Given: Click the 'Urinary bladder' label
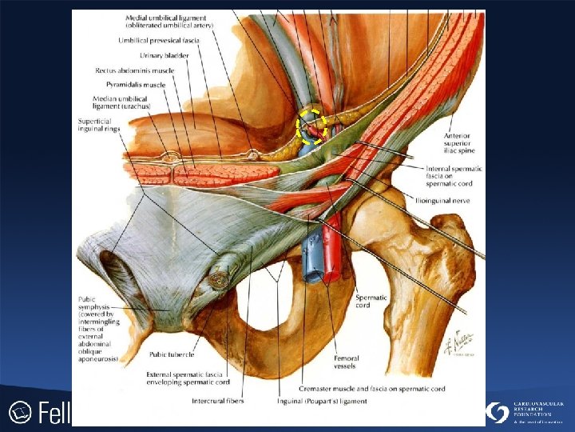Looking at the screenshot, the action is pyautogui.click(x=165, y=55).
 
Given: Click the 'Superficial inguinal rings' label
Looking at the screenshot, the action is pyautogui.click(x=100, y=126).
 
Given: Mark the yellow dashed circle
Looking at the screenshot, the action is pyautogui.click(x=312, y=126).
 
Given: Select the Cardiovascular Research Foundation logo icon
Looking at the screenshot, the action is pyautogui.click(x=498, y=413).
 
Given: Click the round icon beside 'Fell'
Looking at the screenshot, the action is pyautogui.click(x=20, y=413).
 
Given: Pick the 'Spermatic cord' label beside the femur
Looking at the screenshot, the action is pyautogui.click(x=372, y=302).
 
